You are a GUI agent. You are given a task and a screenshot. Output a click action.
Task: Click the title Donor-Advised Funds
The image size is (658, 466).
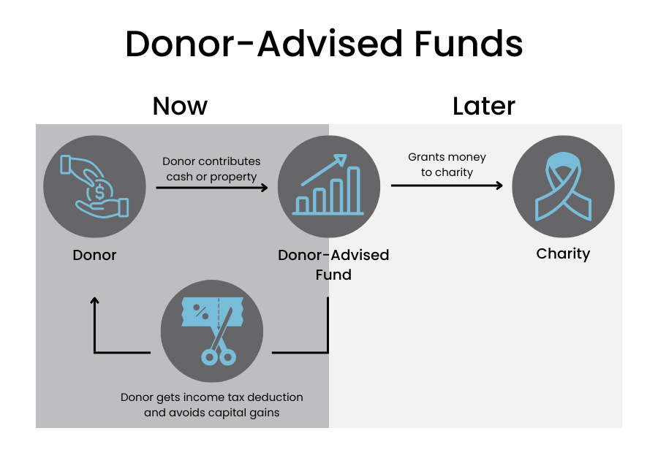pyautogui.click(x=324, y=44)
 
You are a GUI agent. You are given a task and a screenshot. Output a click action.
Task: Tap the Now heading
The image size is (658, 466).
pyautogui.click(x=180, y=106)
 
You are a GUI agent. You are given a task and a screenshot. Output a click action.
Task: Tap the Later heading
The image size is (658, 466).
pyautogui.click(x=483, y=106)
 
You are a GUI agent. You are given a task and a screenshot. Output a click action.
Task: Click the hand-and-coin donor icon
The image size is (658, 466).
pyautogui.click(x=94, y=186)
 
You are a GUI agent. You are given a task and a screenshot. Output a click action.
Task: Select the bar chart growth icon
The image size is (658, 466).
pyautogui.click(x=328, y=185)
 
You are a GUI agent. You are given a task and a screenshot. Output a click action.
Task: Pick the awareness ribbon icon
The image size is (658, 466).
pyautogui.click(x=563, y=186)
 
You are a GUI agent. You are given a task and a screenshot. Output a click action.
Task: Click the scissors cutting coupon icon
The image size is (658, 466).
pyautogui.click(x=212, y=331)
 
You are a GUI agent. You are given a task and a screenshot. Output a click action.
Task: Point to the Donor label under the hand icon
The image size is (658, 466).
pyautogui.click(x=94, y=255)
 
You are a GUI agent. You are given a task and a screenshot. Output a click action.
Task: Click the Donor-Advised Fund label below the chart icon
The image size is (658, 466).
pyautogui.click(x=333, y=264)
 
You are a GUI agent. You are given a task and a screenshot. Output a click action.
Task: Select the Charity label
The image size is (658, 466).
pyautogui.click(x=563, y=253)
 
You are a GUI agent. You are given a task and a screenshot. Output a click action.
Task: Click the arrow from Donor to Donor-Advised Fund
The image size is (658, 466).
pyautogui.click(x=212, y=187)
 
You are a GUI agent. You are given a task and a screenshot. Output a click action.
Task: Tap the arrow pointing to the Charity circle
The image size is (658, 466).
pyautogui.click(x=447, y=186)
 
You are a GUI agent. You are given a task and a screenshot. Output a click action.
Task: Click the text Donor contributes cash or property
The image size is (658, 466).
pyautogui.click(x=211, y=169)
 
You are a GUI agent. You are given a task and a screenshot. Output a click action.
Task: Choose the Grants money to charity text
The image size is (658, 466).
pyautogui.click(x=447, y=164)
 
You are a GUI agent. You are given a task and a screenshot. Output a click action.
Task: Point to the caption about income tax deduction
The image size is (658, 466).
pyautogui.click(x=212, y=405)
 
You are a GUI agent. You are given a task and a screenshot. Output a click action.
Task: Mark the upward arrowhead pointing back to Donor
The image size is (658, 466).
pyautogui.click(x=94, y=300)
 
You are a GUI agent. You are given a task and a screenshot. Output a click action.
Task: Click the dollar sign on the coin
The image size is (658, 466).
pyautogui.click(x=99, y=192)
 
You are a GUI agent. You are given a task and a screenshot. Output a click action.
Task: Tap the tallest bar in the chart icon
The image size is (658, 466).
pyautogui.click(x=354, y=190)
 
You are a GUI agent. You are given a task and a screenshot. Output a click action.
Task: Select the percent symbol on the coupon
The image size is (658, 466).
pyautogui.click(x=200, y=311)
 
